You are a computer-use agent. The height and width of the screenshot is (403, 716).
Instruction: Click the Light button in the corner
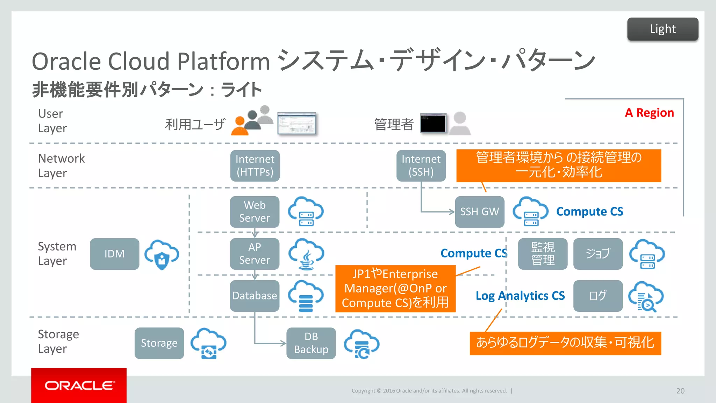663,29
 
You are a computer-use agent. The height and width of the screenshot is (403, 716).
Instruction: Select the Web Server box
255,212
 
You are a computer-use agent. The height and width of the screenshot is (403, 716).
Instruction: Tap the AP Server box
255,254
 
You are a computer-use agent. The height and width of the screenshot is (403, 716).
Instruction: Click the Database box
255,296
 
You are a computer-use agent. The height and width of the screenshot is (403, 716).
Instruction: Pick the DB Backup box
311,343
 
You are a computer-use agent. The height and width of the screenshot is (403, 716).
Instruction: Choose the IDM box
114,254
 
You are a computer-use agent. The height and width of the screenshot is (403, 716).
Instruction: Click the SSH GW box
479,212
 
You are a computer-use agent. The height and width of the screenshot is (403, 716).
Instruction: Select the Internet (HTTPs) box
255,165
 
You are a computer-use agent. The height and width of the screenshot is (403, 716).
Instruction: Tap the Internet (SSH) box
421,165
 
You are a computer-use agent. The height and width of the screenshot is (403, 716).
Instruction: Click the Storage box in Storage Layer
159,343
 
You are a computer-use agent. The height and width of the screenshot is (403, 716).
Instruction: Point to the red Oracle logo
79,385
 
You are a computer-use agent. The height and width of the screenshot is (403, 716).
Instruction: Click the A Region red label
649,113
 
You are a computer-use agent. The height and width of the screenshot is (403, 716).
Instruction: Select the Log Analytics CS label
520,296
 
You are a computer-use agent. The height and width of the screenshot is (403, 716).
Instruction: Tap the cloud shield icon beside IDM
162,254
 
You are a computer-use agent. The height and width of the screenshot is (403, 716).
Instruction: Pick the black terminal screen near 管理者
433,123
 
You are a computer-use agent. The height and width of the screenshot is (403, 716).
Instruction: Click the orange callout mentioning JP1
395,288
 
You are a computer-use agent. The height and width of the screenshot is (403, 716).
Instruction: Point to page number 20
680,391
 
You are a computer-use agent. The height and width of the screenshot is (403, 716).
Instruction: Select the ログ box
598,296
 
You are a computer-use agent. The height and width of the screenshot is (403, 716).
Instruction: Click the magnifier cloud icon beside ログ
646,296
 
